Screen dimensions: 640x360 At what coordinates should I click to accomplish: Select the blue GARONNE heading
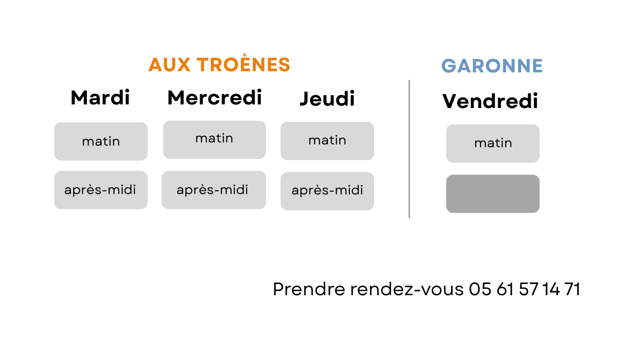click(x=492, y=66)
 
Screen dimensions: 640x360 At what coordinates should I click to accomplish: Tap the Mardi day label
click(x=100, y=98)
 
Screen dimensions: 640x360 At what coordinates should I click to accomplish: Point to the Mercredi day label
click(x=214, y=97)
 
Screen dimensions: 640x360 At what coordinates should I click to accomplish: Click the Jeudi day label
click(x=327, y=99)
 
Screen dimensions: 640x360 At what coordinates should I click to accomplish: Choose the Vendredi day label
click(x=490, y=101)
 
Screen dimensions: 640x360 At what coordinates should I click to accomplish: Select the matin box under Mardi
click(x=101, y=142)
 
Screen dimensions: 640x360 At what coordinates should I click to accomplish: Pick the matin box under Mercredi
click(x=214, y=140)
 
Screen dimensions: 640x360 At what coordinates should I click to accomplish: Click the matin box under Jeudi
click(x=327, y=141)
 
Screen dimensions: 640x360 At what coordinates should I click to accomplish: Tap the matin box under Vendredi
click(x=493, y=144)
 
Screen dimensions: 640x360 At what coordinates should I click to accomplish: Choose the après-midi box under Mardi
click(x=101, y=190)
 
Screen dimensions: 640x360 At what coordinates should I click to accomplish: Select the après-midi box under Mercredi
click(x=214, y=190)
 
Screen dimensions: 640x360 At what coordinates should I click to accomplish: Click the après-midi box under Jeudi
click(x=327, y=191)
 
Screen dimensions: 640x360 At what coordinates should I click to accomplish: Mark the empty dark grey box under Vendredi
click(x=493, y=194)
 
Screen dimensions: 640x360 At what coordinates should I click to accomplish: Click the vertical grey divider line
click(x=409, y=149)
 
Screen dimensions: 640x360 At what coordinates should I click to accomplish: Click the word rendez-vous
click(x=406, y=289)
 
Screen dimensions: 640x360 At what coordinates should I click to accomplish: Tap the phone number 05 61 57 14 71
click(x=524, y=289)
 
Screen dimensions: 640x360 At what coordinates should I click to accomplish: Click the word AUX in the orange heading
click(x=169, y=64)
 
